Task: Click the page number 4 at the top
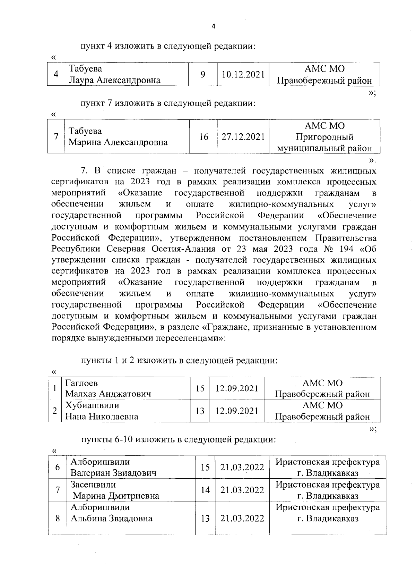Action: [213, 26]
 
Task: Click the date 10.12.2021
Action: [243, 74]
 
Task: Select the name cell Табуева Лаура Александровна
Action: [114, 74]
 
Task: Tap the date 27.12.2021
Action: [243, 137]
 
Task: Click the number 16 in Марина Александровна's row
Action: [203, 137]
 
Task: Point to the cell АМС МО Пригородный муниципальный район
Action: [324, 137]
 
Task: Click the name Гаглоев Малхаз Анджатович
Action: [108, 388]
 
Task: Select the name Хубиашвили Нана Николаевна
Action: [102, 411]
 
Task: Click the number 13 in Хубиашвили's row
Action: [200, 411]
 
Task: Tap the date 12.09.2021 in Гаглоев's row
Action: [237, 388]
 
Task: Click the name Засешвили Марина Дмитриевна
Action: [114, 490]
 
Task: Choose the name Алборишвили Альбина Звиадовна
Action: [111, 513]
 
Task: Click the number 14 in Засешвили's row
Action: [205, 490]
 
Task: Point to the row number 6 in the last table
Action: [58, 467]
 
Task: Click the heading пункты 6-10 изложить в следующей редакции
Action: [179, 440]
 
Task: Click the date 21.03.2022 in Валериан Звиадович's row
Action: [242, 467]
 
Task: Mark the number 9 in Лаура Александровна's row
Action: [203, 74]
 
